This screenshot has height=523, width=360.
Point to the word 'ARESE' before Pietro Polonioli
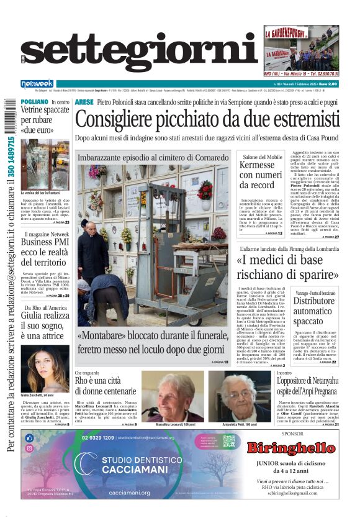coord(84,101)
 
